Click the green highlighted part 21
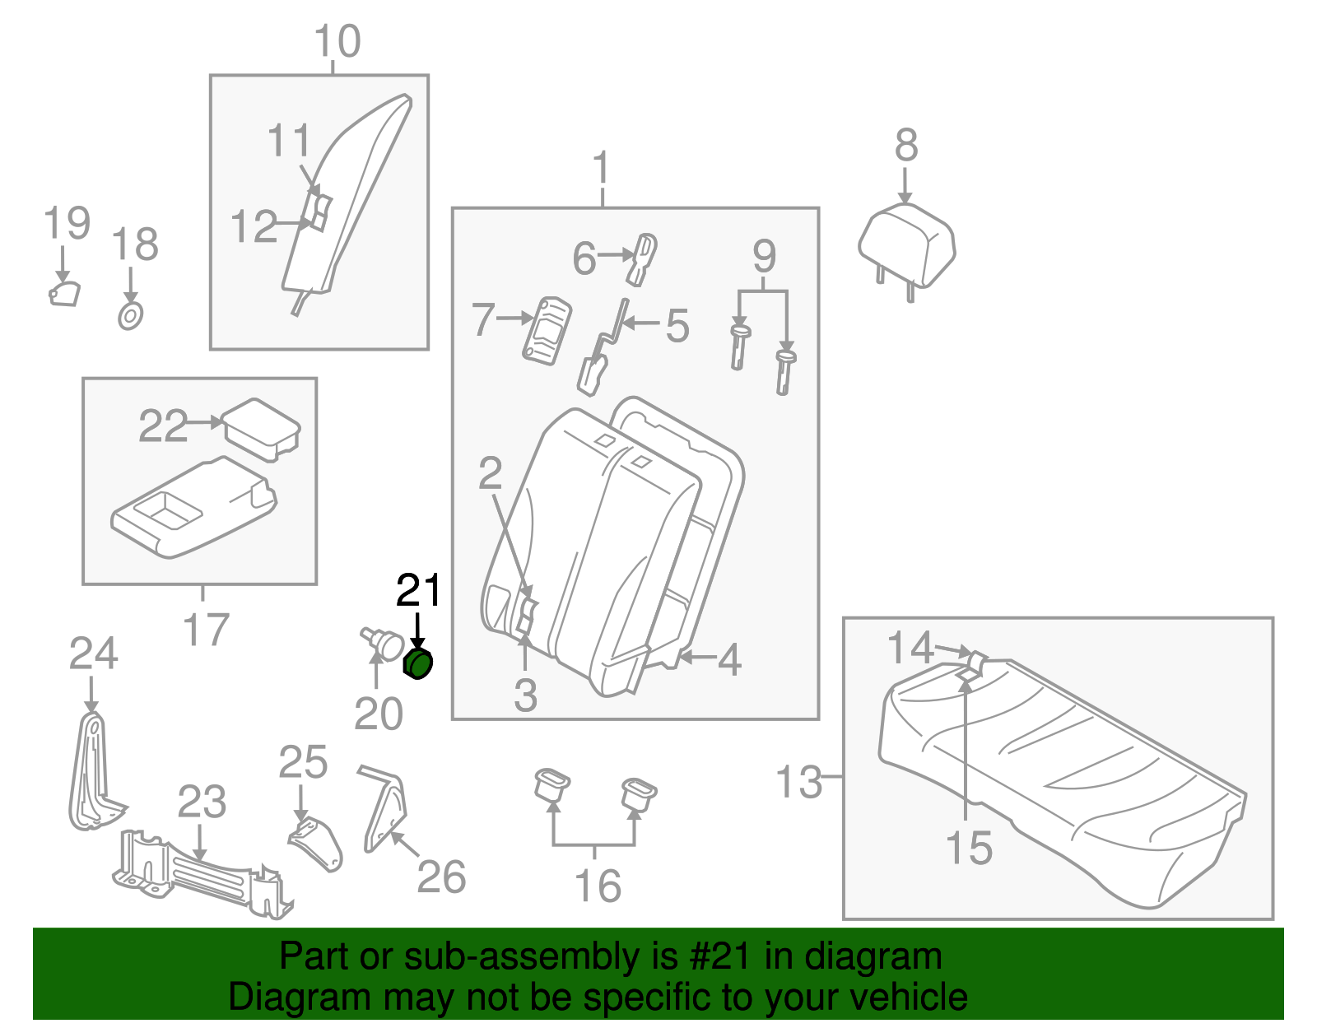[x=418, y=663]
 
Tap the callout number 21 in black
[x=419, y=591]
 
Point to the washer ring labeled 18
[x=130, y=316]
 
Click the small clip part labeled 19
[x=63, y=294]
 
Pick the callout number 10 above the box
[x=337, y=41]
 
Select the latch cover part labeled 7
[x=547, y=330]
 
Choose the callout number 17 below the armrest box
[x=205, y=630]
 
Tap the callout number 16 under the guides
[x=598, y=886]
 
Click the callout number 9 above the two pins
[x=764, y=257]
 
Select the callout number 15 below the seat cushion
[x=969, y=848]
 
